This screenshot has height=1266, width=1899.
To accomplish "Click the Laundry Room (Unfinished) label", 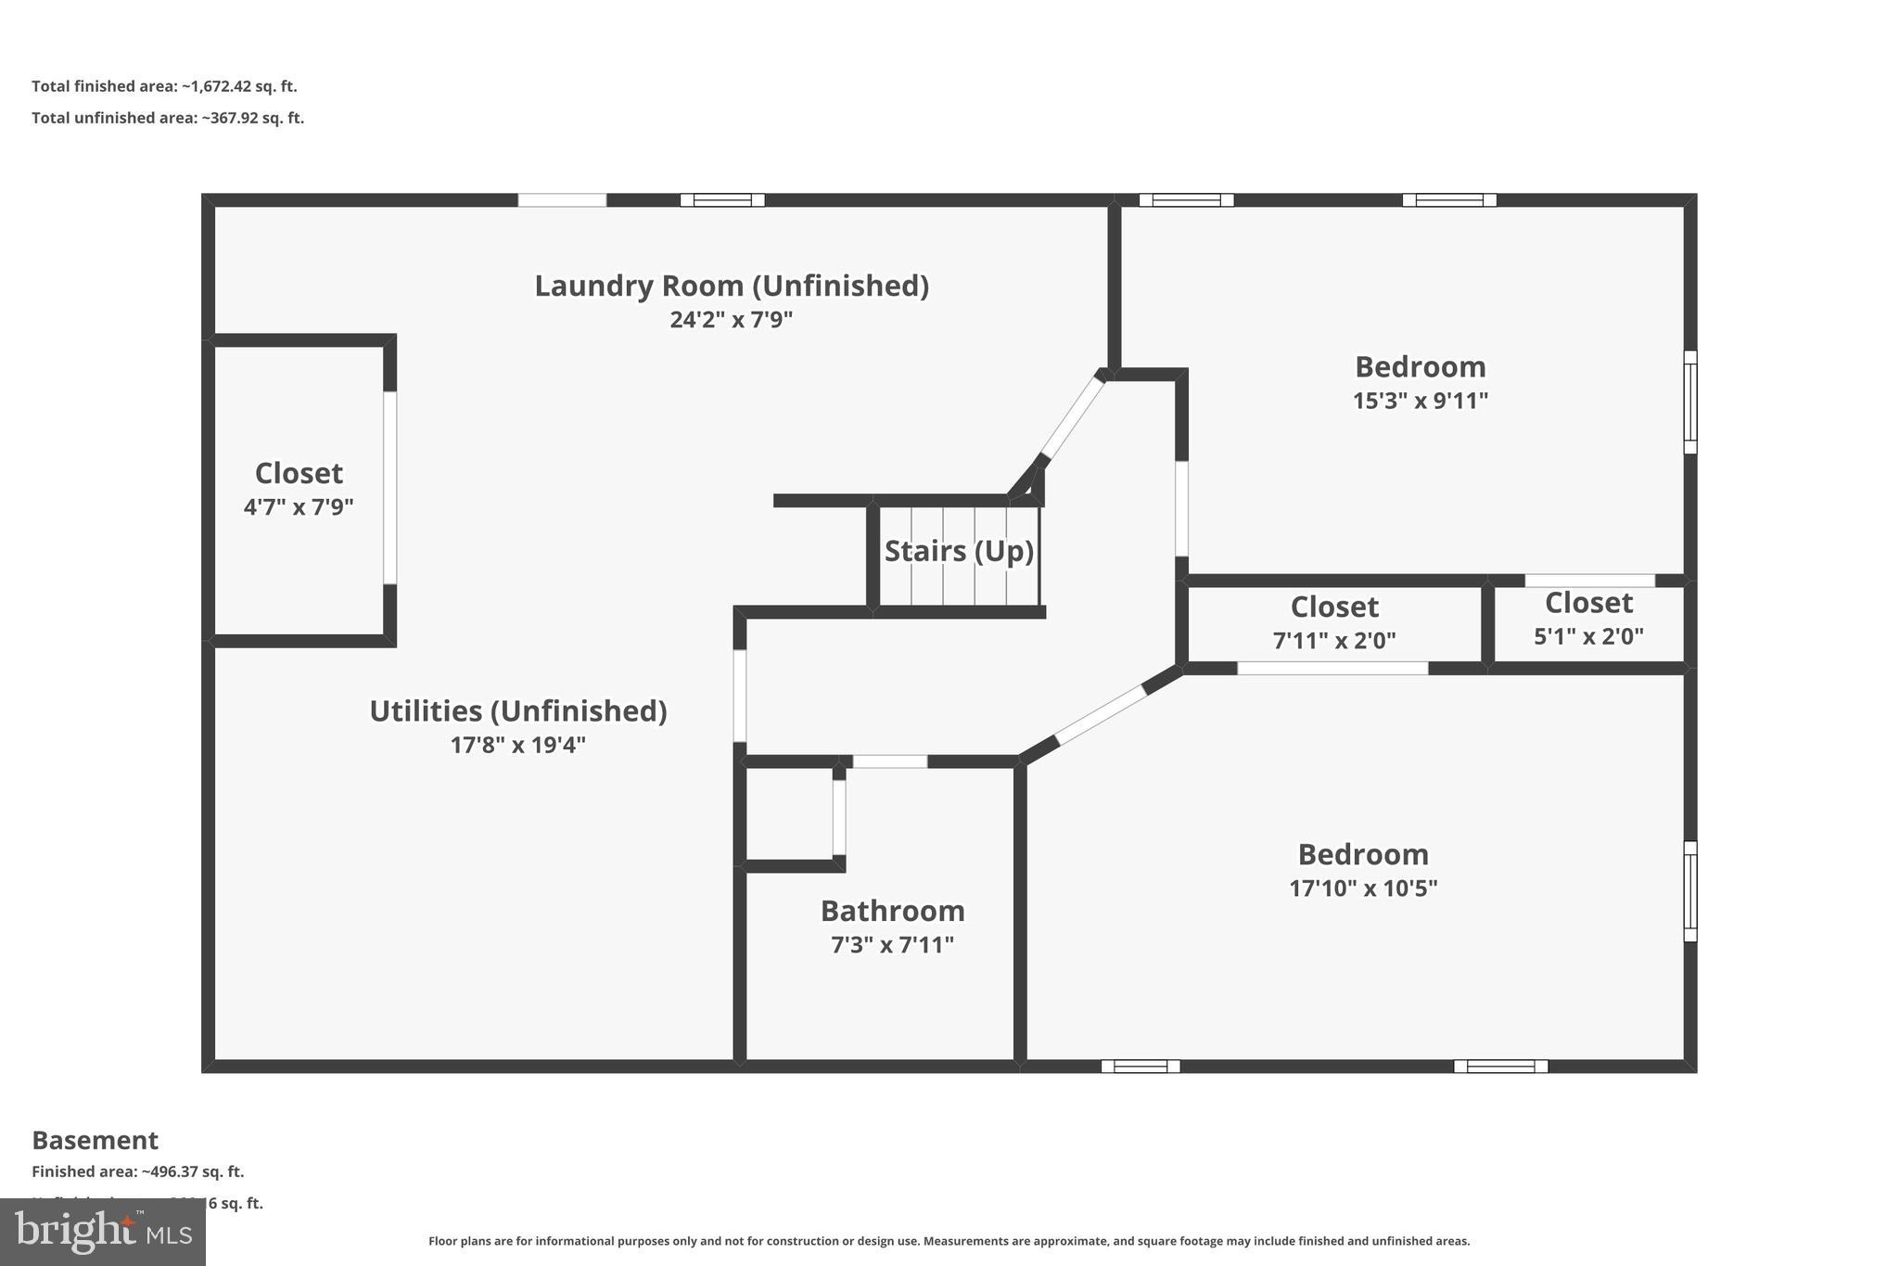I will point(732,286).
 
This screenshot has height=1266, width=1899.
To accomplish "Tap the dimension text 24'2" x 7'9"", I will point(732,320).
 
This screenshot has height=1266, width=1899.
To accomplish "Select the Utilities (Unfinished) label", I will point(518,711).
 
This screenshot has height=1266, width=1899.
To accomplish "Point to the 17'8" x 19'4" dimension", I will point(518,745).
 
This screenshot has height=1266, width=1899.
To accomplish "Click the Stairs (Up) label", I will point(959,551).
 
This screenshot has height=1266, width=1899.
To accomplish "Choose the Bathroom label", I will point(892,911).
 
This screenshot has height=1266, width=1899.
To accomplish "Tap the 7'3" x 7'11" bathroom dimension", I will point(892,945).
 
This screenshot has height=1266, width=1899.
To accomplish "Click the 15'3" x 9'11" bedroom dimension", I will point(1420,401).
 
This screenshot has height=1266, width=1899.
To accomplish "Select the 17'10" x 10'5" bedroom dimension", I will point(1363,889).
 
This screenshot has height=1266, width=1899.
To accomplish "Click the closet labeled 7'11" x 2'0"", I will point(1334,622).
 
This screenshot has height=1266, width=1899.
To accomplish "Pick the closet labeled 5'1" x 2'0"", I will point(1588,619).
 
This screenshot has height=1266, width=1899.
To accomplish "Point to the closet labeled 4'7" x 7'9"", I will point(299,489).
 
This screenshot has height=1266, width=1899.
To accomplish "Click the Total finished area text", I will point(164,86).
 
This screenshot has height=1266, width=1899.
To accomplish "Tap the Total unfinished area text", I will point(168,118).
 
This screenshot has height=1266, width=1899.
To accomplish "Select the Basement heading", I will point(95,1140).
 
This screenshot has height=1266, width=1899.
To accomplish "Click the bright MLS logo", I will point(102,1232).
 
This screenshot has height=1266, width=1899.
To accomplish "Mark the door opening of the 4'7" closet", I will point(390,488).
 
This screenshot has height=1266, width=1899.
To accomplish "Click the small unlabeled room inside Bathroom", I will point(789,814).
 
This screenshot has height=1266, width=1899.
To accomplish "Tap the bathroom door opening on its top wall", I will point(889,761).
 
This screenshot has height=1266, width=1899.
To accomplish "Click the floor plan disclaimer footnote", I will point(949,1241).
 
